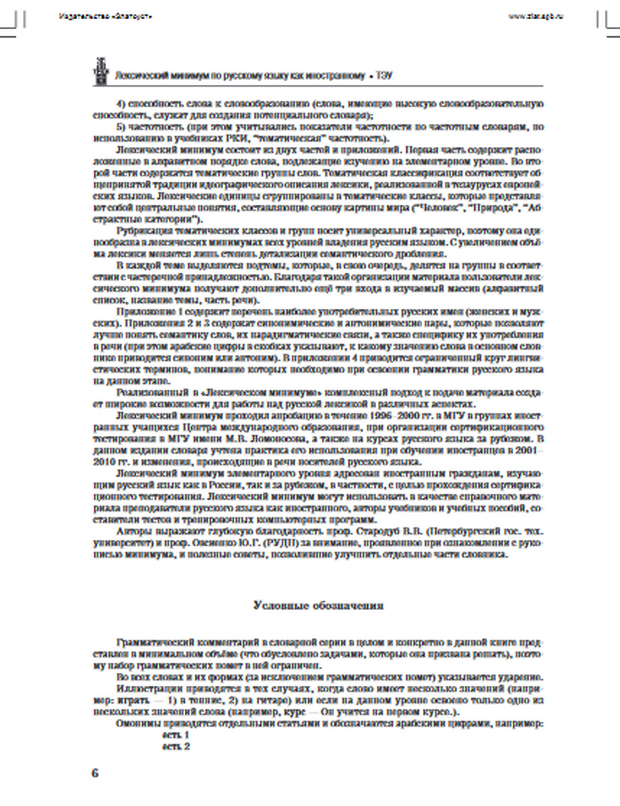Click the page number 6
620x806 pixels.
coord(95,773)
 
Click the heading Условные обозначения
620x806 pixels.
coord(318,606)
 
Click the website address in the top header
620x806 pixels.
coord(536,16)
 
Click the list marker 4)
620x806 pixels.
coord(121,104)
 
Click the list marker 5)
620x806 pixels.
coord(121,126)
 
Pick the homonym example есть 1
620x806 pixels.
coord(176,735)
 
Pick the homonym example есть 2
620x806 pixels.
coord(176,746)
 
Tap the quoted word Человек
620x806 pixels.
coord(443,208)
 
